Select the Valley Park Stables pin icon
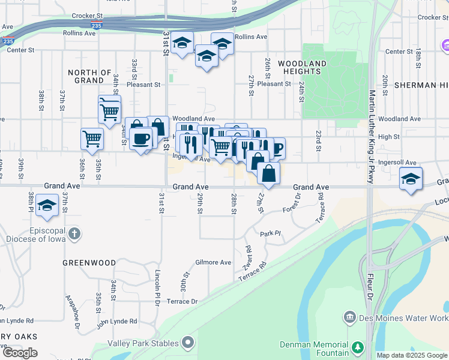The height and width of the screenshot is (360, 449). coord(188,343)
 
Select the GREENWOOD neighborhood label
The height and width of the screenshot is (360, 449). coord(89,263)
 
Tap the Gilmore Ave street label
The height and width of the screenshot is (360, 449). coord(213,262)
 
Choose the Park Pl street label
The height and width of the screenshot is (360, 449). coord(270,233)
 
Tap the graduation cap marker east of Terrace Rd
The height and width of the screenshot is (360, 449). coord(411,179)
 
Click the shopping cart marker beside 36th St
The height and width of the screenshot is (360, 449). coord(92,139)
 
